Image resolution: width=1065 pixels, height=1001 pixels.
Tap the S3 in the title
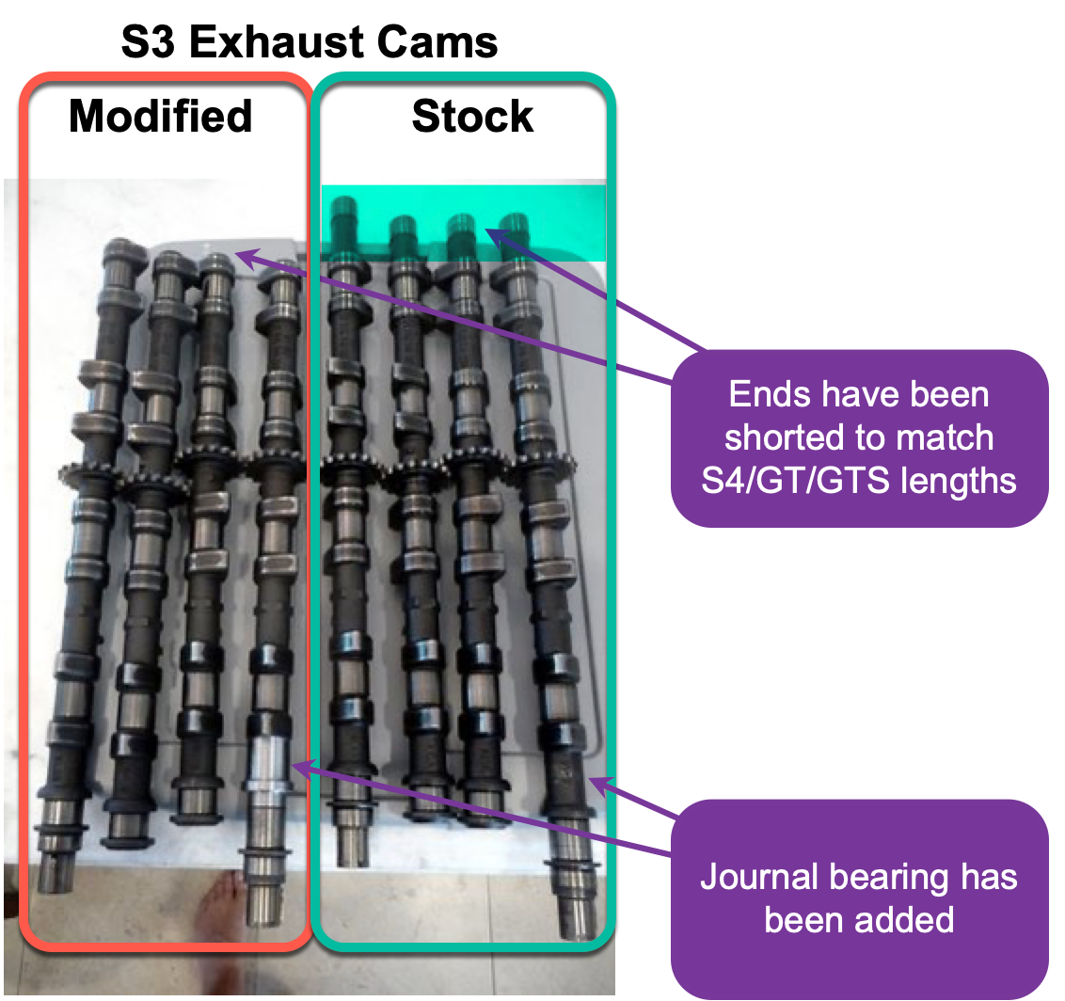coord(150,42)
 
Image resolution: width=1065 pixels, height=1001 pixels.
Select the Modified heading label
coord(161,117)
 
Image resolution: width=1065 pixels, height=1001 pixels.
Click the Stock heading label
coord(472,117)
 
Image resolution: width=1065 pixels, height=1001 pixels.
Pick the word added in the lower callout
coord(906,918)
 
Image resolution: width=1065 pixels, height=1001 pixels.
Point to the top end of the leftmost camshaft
coord(121,252)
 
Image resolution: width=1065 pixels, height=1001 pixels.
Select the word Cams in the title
coord(442,42)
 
